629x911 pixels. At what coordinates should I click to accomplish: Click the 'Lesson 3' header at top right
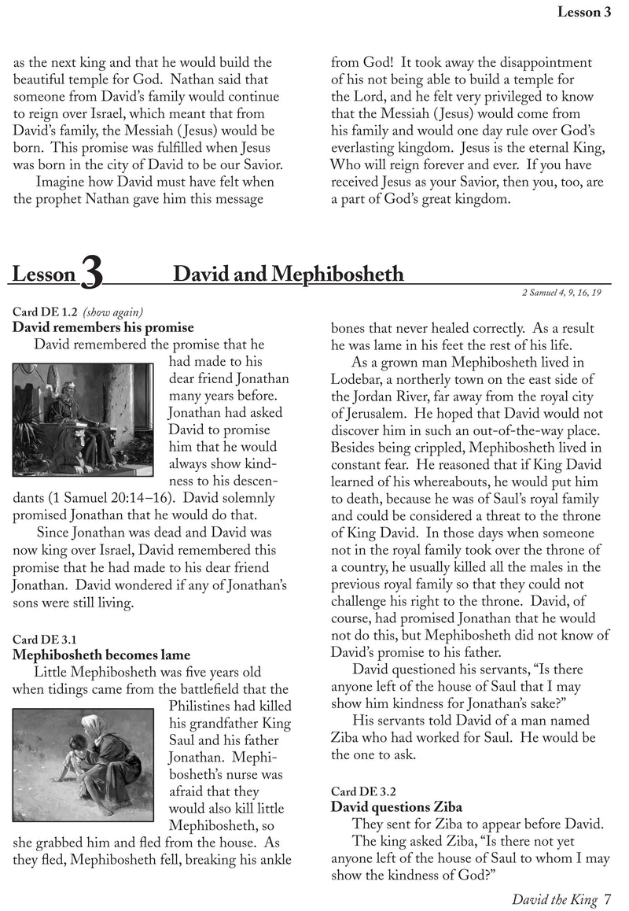(584, 11)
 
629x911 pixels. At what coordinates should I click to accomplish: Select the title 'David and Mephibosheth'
(288, 274)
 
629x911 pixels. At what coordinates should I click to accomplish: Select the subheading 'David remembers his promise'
(103, 326)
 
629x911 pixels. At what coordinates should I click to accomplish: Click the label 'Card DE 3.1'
(46, 639)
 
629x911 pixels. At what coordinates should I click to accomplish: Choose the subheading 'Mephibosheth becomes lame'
(101, 655)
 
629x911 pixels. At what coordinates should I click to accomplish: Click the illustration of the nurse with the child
(83, 754)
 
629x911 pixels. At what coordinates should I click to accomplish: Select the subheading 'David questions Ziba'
(396, 807)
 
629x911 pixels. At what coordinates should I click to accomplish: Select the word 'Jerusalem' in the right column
(384, 414)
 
